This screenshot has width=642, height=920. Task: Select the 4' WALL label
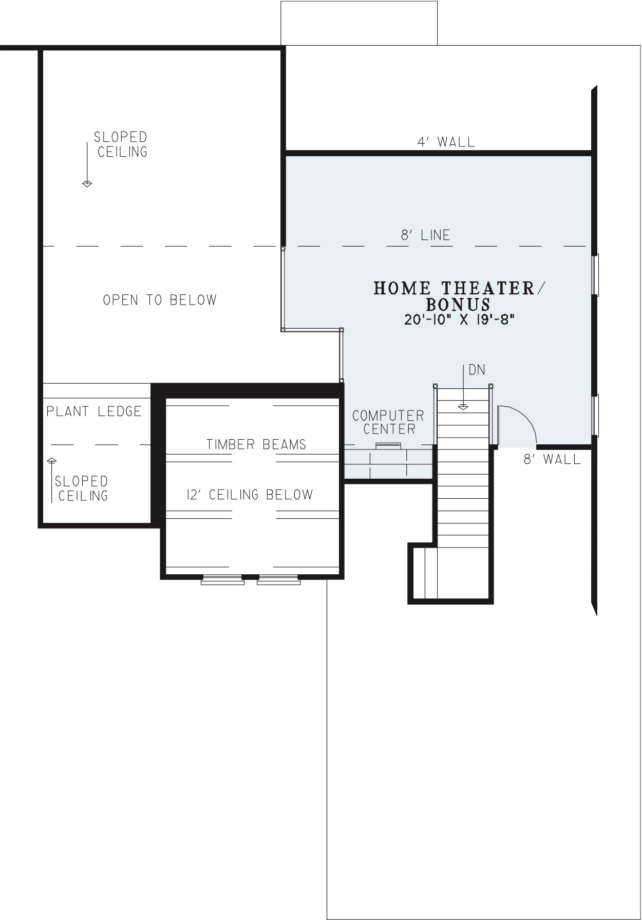(446, 142)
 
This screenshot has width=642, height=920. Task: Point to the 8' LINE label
(425, 235)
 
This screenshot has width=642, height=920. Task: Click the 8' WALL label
(552, 459)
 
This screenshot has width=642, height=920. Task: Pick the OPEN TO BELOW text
(160, 300)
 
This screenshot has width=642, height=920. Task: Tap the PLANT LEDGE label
(95, 411)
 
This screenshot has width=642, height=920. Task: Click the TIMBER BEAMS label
(256, 444)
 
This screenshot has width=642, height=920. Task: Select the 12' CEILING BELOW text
(250, 495)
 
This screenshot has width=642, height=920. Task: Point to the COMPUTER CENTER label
(388, 422)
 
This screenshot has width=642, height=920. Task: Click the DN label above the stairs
(477, 370)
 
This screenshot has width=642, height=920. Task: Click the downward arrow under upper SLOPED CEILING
(87, 165)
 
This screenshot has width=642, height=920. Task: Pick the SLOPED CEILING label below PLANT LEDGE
(82, 489)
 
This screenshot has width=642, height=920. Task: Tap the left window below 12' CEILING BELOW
(222, 579)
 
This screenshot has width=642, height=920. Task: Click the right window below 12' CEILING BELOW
(279, 579)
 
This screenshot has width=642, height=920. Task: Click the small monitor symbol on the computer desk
(388, 446)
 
